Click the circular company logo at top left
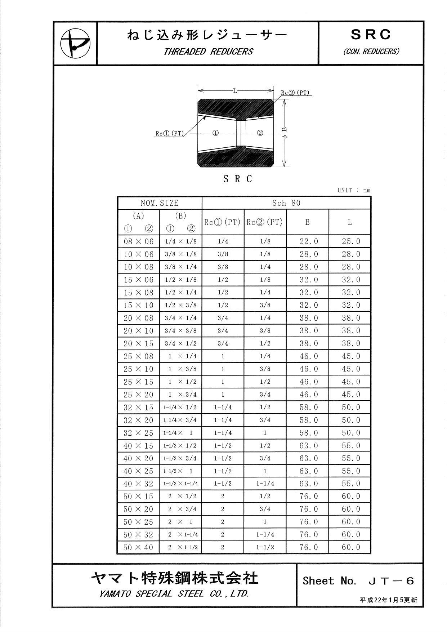tap(75, 43)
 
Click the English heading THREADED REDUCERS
tap(208, 52)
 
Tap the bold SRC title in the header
tap(371, 35)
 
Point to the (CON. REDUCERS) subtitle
tap(371, 52)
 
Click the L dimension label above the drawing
tap(235, 91)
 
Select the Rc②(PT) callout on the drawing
tap(295, 93)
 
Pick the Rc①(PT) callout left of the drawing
tap(170, 133)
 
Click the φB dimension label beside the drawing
tap(284, 133)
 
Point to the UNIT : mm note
tap(354, 190)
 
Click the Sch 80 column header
tap(286, 203)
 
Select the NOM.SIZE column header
tap(160, 203)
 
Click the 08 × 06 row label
tap(139, 241)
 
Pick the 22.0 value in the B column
tap(309, 241)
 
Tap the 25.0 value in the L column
tap(351, 241)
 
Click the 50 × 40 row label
tap(139, 547)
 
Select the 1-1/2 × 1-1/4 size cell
tap(180, 484)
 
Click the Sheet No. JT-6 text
tap(358, 580)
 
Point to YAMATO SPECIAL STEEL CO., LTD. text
tap(174, 594)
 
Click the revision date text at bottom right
tap(388, 600)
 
